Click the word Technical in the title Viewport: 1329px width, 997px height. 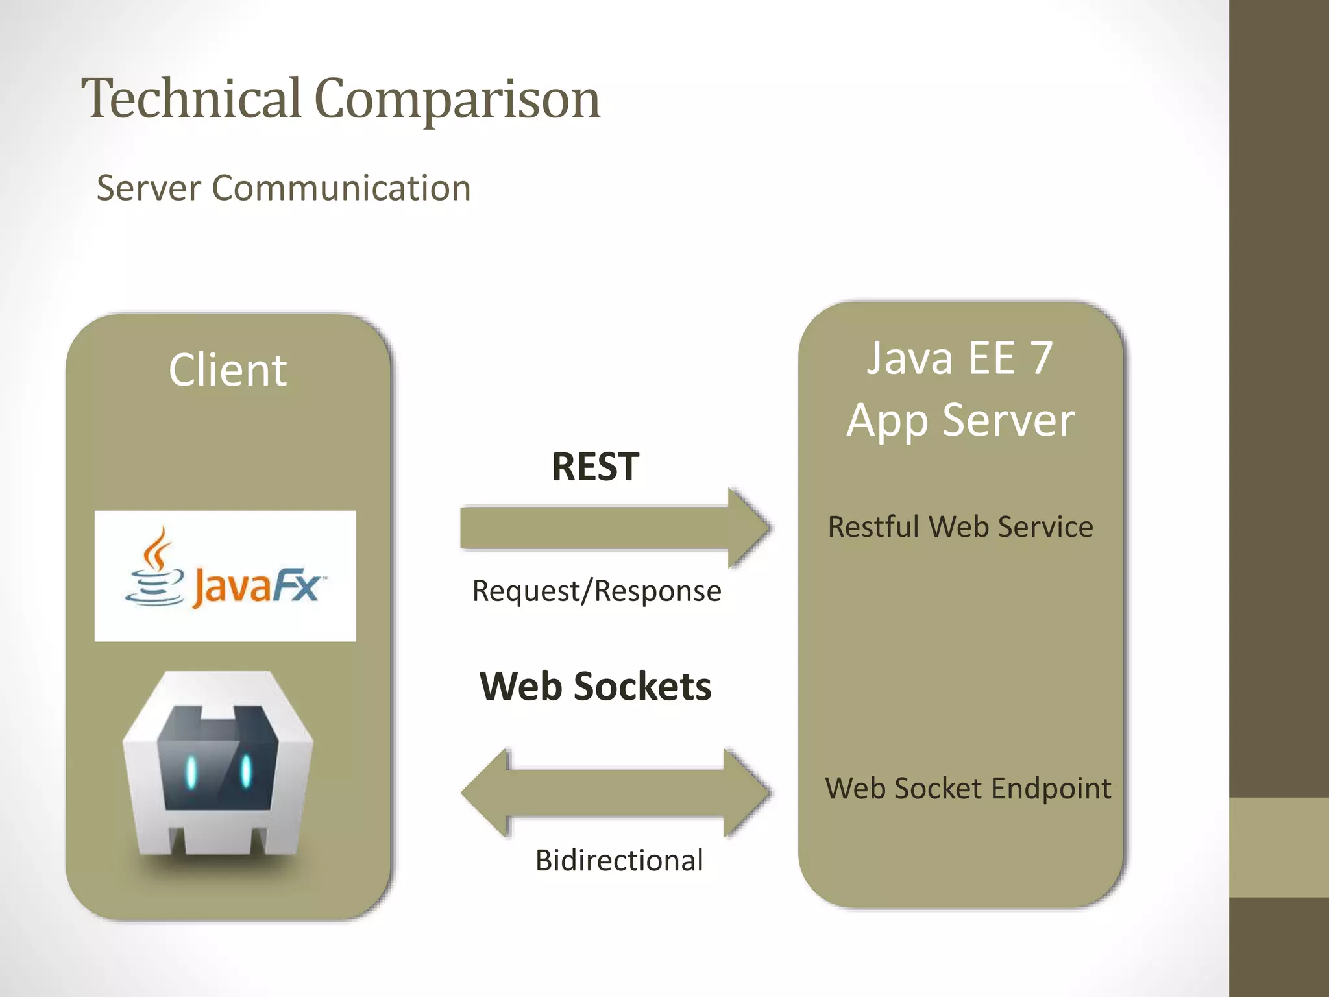(x=191, y=99)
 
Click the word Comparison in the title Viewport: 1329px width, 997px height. (x=457, y=100)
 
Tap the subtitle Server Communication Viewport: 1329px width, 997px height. (x=284, y=188)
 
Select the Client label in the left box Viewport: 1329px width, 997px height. (x=227, y=370)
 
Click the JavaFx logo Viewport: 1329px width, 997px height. (x=225, y=576)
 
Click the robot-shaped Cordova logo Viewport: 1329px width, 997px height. (x=219, y=766)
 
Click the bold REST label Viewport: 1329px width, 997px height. (x=595, y=467)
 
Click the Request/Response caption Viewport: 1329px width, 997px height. (x=596, y=591)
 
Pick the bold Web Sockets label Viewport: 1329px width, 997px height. (x=595, y=687)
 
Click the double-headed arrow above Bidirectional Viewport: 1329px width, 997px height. (x=615, y=793)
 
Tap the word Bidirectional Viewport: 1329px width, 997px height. (x=619, y=861)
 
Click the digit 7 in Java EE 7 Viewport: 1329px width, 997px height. (x=1041, y=358)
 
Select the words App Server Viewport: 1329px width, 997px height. (x=960, y=421)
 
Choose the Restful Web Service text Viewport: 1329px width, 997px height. (x=960, y=527)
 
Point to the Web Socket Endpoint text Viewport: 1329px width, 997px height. (x=968, y=789)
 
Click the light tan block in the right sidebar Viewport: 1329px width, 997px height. (x=1279, y=847)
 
